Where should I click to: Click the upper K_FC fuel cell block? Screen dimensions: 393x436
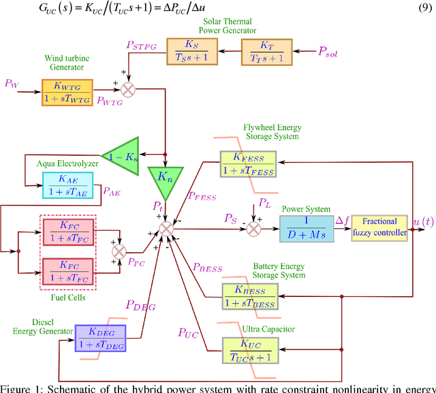70,233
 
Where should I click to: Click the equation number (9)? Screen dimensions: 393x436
421,10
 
